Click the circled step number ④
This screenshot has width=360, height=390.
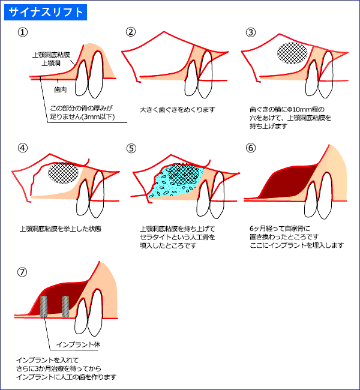(x=23, y=148)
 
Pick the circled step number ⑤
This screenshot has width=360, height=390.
(x=131, y=148)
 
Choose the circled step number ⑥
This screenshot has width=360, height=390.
(x=251, y=148)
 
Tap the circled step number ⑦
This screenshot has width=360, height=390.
(x=23, y=272)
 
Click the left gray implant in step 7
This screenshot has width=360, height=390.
(x=44, y=307)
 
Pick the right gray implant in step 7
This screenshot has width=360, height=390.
(x=65, y=306)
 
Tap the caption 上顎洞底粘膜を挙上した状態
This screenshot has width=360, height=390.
(x=52, y=229)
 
